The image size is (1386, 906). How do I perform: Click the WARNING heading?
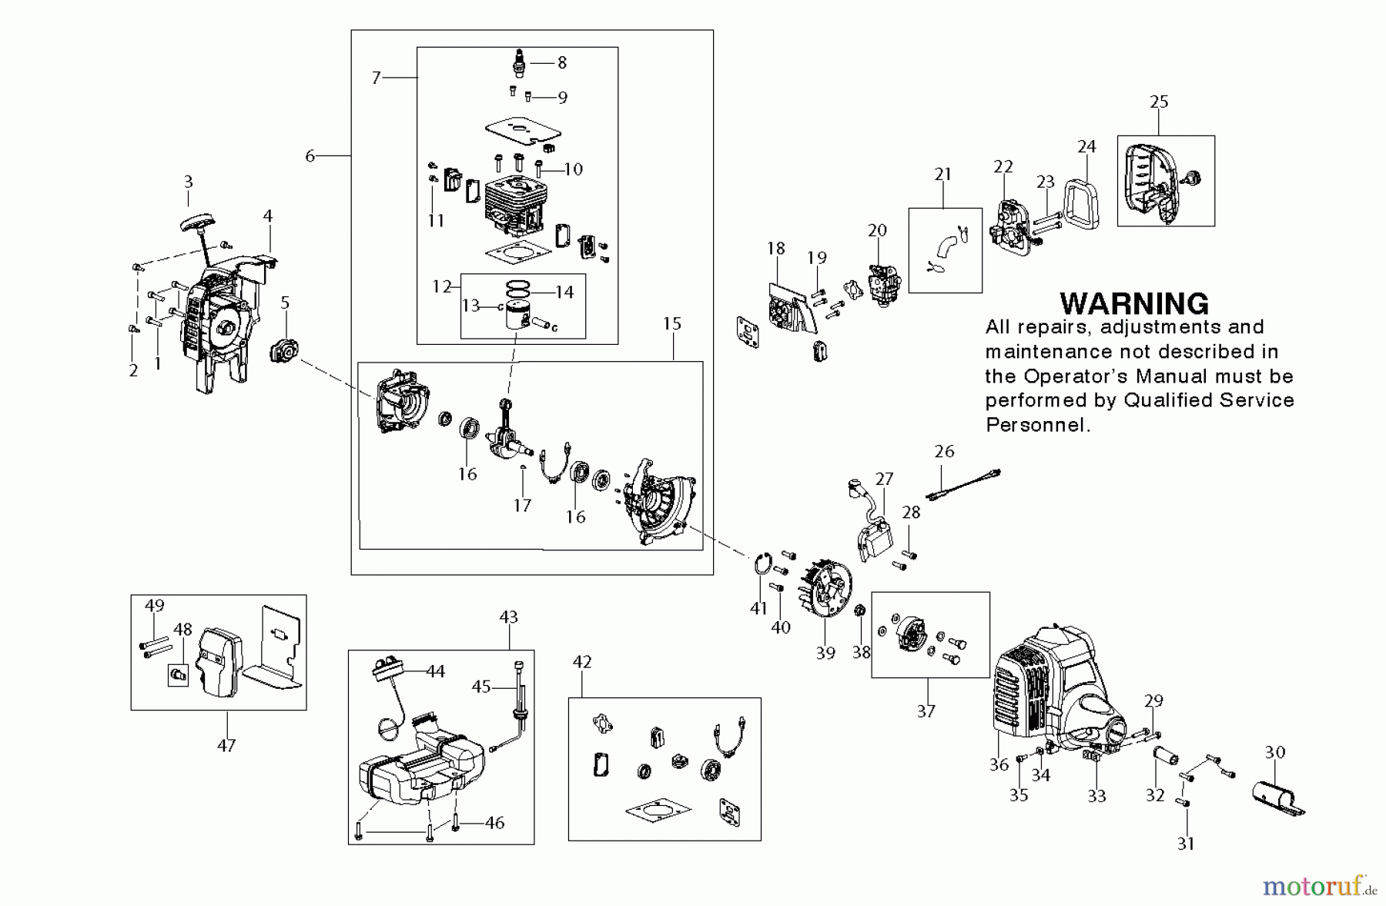pos(1133,304)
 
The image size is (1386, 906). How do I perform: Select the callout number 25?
pos(1159,102)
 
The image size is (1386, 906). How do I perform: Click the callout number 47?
pos(226,745)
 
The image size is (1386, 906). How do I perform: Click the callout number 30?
pos(1275,752)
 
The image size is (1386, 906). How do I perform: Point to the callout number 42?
pos(582,662)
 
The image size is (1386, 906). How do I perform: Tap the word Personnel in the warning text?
pos(1036,425)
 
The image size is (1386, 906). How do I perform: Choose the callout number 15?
pos(672,323)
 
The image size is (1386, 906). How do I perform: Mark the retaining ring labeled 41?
pos(761,566)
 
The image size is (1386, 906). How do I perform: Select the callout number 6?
pos(310,156)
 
